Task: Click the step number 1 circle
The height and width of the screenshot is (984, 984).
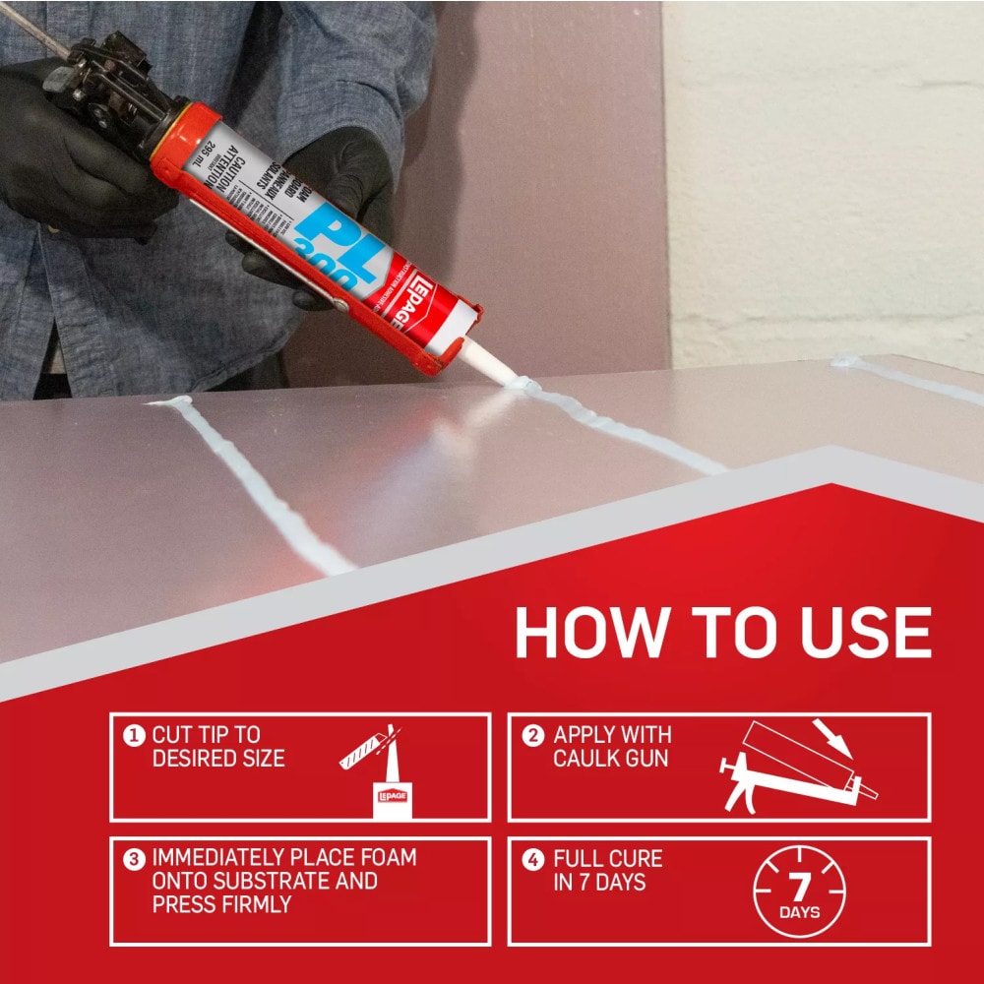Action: (133, 735)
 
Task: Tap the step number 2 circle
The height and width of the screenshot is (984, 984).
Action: (532, 735)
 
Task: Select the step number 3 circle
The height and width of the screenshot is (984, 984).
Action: (133, 858)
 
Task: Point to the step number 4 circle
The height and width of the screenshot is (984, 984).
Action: (532, 859)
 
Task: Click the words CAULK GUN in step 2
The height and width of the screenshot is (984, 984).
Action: (610, 759)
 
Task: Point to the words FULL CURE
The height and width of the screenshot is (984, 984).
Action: (607, 858)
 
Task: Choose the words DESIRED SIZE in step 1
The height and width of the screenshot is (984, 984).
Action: (217, 759)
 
